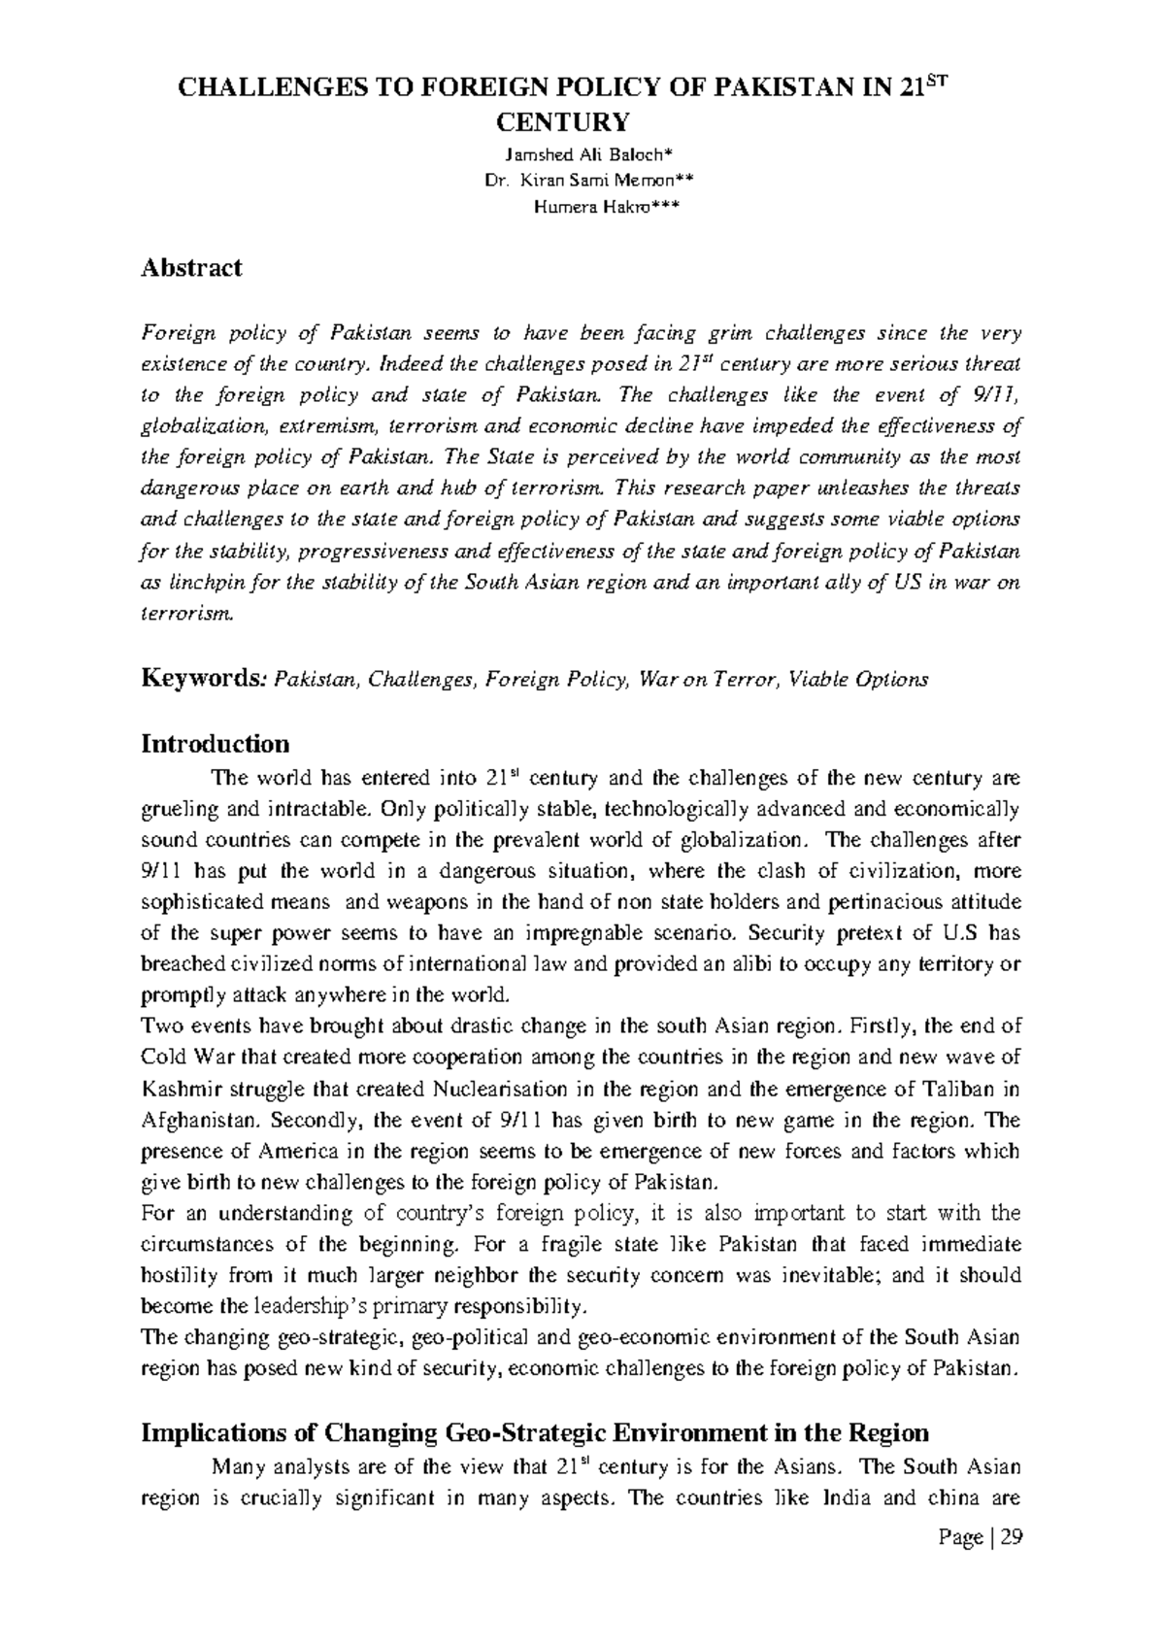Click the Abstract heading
coord(191,268)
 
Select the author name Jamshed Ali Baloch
coord(582,155)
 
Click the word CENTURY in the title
coord(563,122)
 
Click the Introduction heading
coord(216,744)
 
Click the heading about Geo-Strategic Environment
coord(535,1433)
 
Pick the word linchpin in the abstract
coord(207,583)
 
